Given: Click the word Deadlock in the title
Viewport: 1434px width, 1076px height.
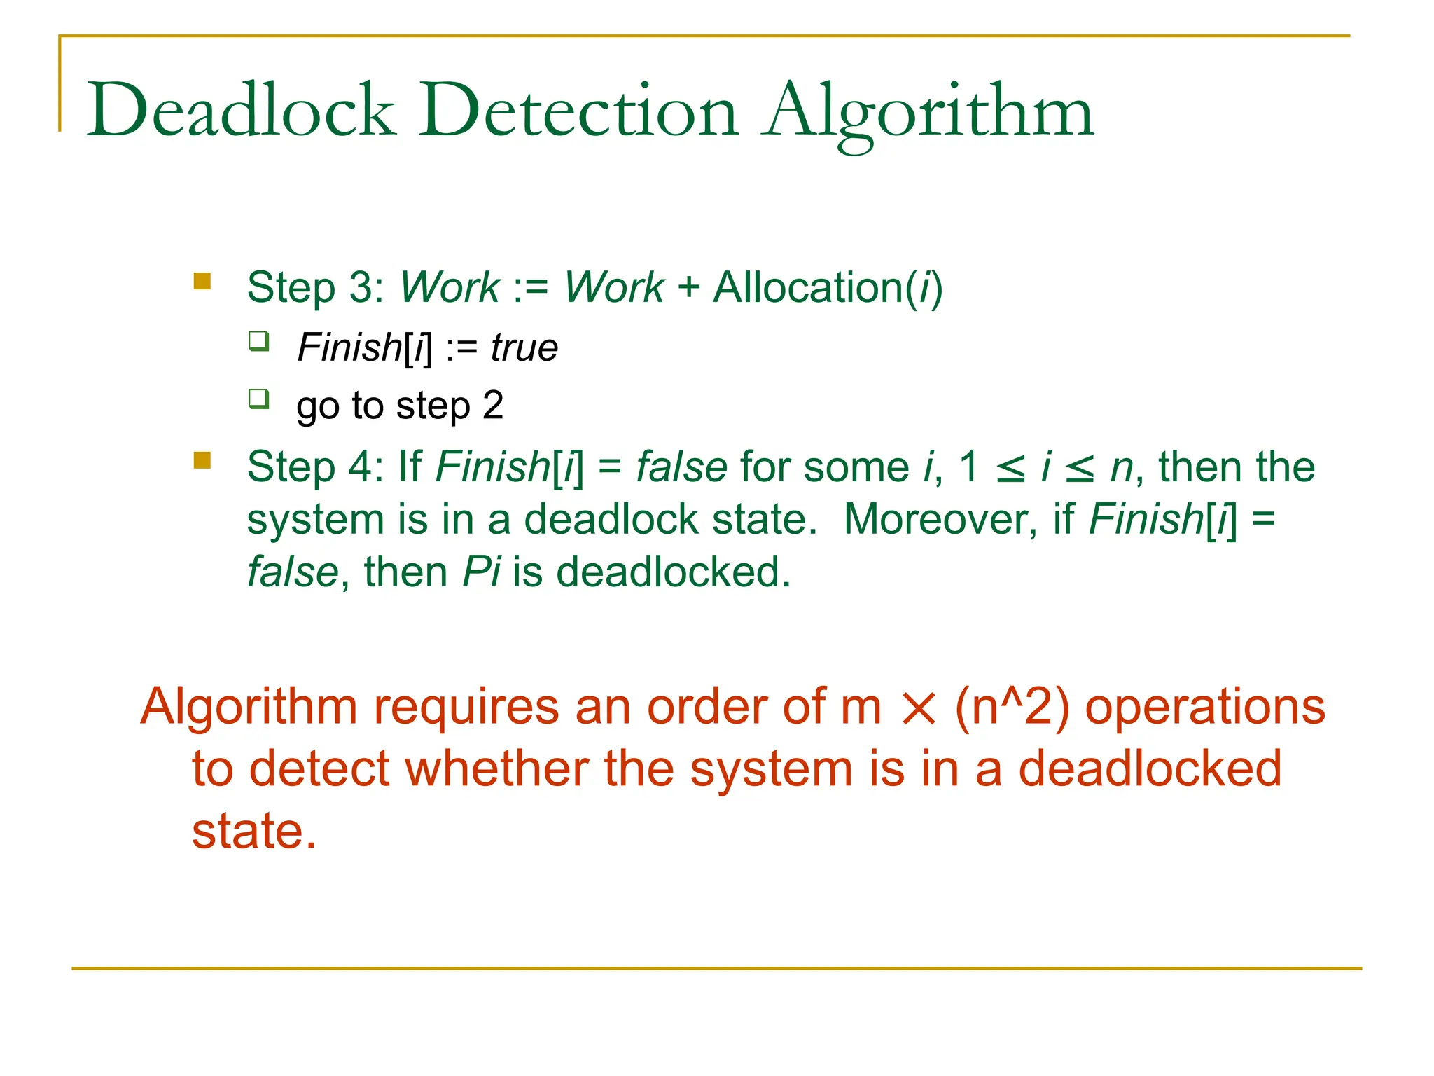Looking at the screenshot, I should (x=242, y=111).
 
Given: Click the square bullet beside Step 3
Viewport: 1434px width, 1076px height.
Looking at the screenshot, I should (x=202, y=281).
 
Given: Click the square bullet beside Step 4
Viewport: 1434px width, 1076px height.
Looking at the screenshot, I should (x=202, y=460).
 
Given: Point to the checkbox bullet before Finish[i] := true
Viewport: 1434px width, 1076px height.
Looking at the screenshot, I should (x=258, y=341).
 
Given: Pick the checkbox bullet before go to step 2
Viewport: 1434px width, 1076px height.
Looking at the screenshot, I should (x=258, y=399).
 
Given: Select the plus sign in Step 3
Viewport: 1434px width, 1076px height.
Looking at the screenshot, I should (x=688, y=288).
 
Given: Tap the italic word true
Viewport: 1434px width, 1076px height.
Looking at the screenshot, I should (x=524, y=347).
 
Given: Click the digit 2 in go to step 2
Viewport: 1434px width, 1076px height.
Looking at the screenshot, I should (x=493, y=405).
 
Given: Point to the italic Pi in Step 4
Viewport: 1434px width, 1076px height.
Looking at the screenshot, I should (x=481, y=572).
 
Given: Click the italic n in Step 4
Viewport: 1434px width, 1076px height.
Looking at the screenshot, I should (x=1122, y=468).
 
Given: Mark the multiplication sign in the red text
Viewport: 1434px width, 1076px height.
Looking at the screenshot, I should (x=919, y=708).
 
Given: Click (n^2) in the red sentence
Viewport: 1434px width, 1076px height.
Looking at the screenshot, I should (x=1012, y=707).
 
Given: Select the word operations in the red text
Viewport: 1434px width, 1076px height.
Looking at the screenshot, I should (x=1205, y=707).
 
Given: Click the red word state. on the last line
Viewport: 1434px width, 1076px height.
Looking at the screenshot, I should (x=254, y=831).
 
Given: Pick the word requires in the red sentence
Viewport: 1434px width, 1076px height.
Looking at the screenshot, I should (x=466, y=707).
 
